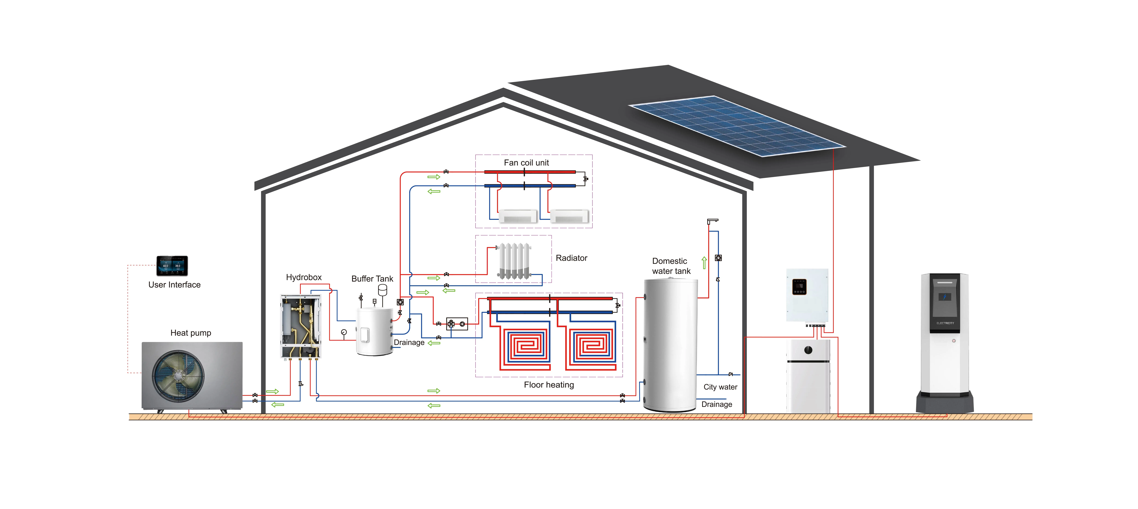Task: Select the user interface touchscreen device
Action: coord(172,265)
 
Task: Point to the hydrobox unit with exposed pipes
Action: coord(300,326)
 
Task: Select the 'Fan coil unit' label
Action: coord(526,163)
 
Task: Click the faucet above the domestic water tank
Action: coord(712,221)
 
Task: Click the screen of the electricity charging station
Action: coord(945,297)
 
